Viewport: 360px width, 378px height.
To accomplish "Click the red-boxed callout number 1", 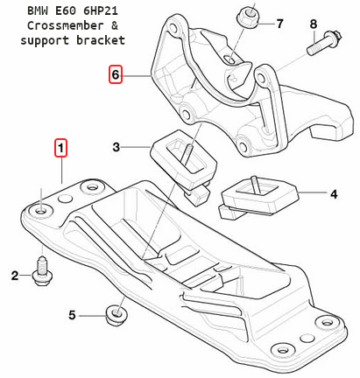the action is pyautogui.click(x=60, y=148).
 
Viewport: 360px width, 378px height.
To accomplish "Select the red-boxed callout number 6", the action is pyautogui.click(x=116, y=74).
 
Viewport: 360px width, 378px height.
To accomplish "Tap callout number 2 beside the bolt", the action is pyautogui.click(x=15, y=276).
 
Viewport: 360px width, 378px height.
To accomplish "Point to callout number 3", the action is pyautogui.click(x=116, y=147).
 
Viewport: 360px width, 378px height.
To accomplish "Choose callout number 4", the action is pyautogui.click(x=334, y=194).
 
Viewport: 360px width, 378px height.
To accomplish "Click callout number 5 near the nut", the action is pyautogui.click(x=72, y=315).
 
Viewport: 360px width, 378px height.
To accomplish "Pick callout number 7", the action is pyautogui.click(x=279, y=24).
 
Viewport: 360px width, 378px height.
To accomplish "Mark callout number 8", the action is pyautogui.click(x=314, y=24).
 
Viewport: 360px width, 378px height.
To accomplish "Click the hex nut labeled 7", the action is pyautogui.click(x=249, y=17).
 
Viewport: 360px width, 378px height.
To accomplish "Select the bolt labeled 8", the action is pyautogui.click(x=323, y=43).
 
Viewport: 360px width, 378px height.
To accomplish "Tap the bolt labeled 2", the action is pyautogui.click(x=42, y=270).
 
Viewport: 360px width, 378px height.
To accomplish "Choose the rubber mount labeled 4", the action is pyautogui.click(x=258, y=198).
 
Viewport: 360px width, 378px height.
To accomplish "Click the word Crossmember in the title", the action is pyautogui.click(x=65, y=25).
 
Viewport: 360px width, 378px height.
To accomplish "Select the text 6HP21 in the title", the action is pyautogui.click(x=101, y=11).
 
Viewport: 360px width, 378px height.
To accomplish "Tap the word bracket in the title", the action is pyautogui.click(x=101, y=40).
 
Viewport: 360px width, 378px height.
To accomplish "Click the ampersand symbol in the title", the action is pyautogui.click(x=115, y=25).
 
